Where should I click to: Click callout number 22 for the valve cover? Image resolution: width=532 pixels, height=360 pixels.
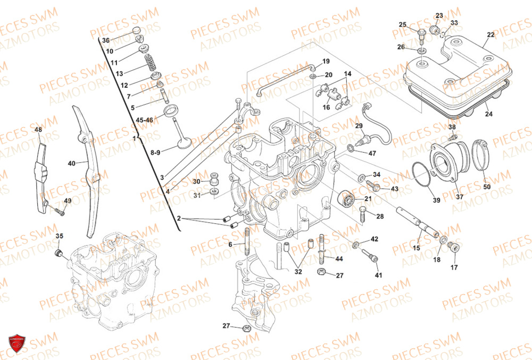click(x=490, y=35)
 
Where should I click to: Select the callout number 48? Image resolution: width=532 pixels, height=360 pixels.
click(x=38, y=130)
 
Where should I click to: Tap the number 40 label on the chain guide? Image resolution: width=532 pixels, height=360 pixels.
click(x=71, y=164)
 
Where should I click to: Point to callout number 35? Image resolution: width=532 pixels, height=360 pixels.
click(x=60, y=236)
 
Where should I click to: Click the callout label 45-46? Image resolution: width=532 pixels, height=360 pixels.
click(x=144, y=120)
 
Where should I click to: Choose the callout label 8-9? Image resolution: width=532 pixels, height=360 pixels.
click(x=155, y=153)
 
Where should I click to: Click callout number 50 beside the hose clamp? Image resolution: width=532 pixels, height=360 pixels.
click(x=487, y=187)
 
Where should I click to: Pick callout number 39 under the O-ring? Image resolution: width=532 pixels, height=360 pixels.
click(x=436, y=200)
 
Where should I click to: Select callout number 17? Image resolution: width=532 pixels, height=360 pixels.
click(x=454, y=267)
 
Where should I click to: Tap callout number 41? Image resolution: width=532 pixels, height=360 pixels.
click(x=378, y=275)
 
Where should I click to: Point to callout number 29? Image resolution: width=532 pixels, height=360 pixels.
click(x=359, y=125)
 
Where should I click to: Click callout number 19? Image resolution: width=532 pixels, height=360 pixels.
click(x=326, y=61)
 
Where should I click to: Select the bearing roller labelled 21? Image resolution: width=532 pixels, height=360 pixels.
click(x=347, y=201)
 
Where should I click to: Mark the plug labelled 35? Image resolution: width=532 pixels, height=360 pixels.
click(x=60, y=250)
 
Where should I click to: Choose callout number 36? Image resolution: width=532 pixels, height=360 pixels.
click(x=106, y=40)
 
